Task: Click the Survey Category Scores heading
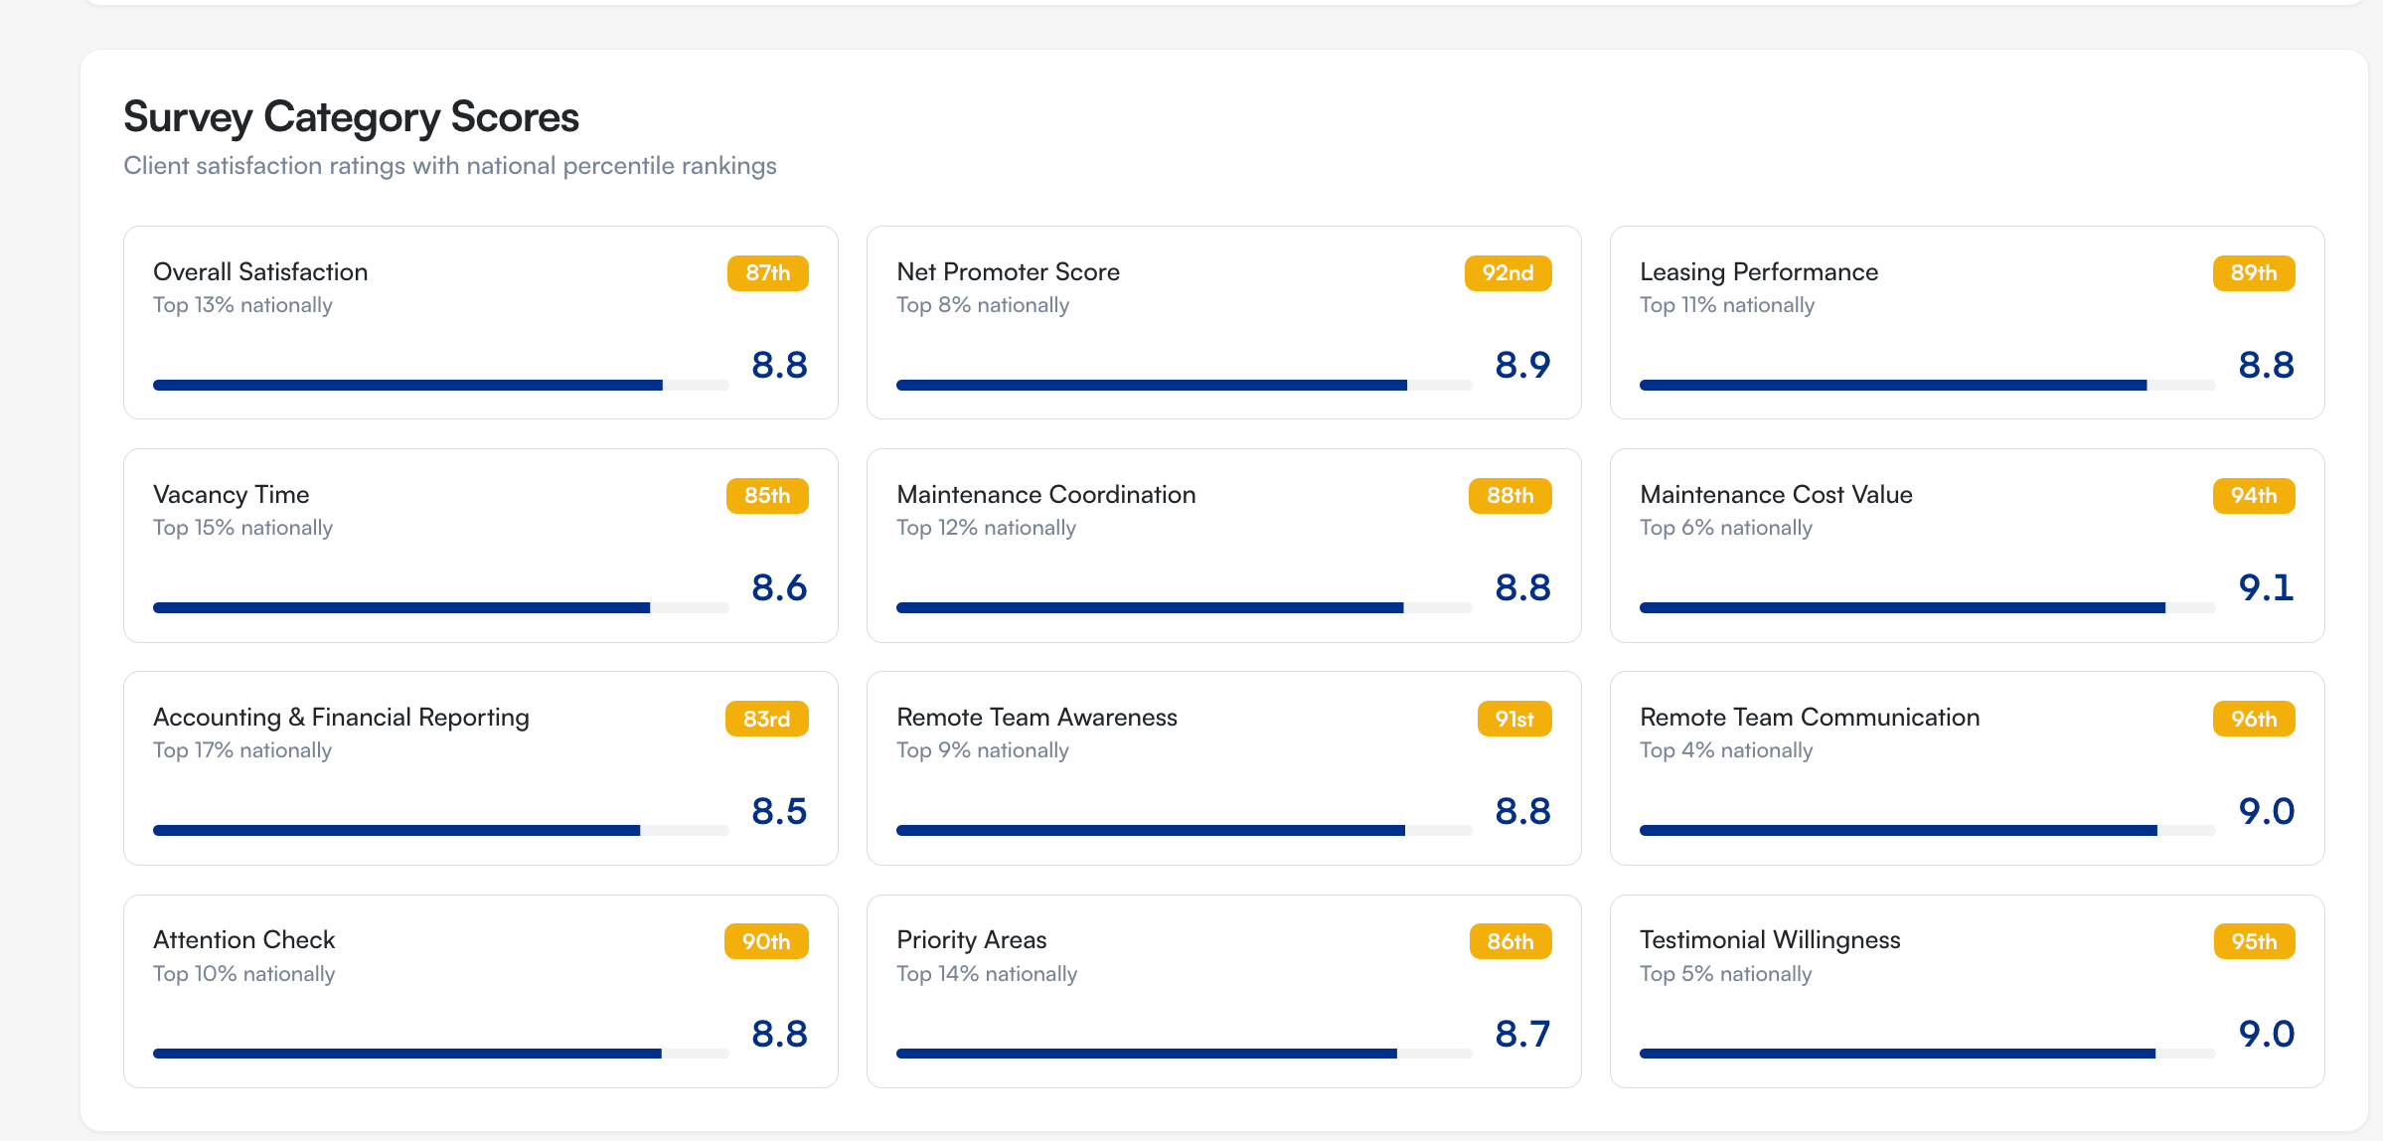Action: (351, 117)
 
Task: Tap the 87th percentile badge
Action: (767, 273)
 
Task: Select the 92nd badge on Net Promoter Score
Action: (1508, 273)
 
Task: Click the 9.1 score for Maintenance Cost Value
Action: (2266, 587)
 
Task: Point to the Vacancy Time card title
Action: (231, 494)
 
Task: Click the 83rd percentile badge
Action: (766, 719)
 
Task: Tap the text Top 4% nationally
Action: (1726, 750)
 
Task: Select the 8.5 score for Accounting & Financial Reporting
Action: (779, 811)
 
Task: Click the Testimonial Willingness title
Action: (1770, 939)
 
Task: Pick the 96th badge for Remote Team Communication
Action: (2253, 719)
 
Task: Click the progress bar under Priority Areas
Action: (1183, 1054)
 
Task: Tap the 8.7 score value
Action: (1522, 1034)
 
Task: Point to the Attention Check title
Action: (243, 939)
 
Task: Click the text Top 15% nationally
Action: (242, 528)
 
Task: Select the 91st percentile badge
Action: (1513, 719)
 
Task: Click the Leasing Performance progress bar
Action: (1926, 385)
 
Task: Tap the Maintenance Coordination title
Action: (1045, 494)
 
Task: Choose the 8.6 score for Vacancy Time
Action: (779, 587)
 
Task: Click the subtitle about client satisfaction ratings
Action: (449, 166)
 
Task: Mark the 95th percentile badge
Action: (2253, 941)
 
